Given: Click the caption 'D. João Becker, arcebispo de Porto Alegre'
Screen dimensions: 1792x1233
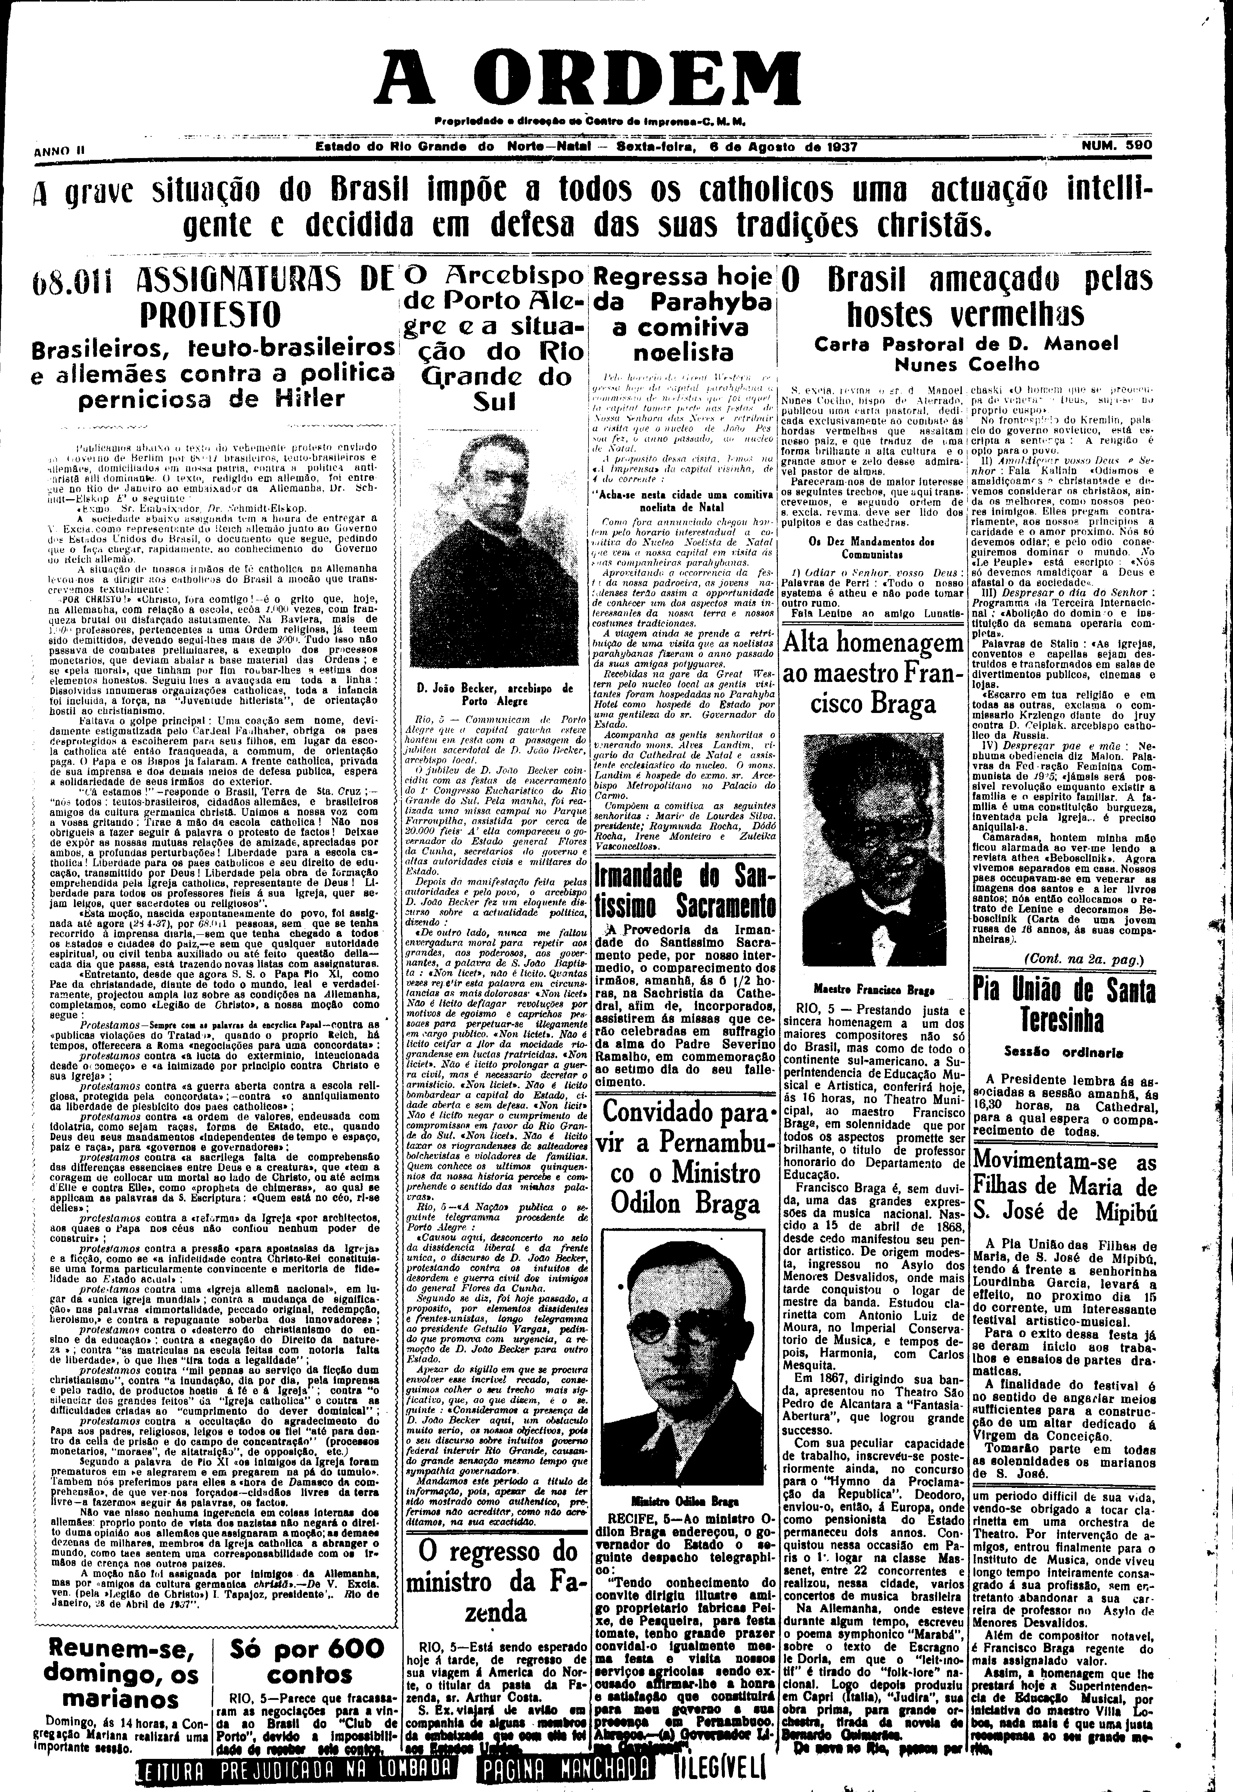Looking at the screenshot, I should tap(495, 694).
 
